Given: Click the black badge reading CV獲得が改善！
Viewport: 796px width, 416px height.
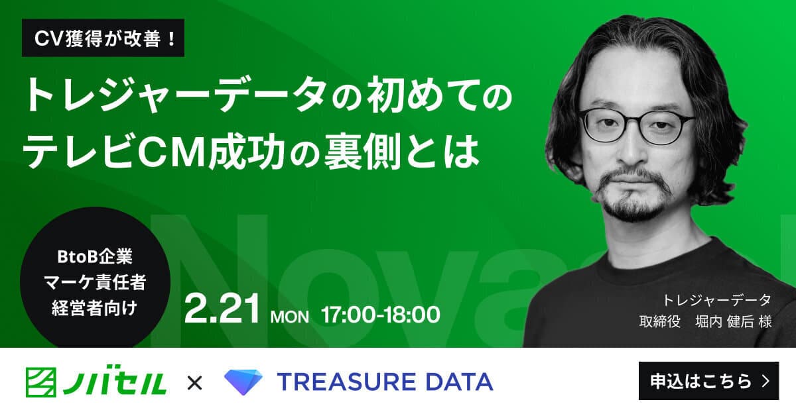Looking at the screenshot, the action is tap(103, 38).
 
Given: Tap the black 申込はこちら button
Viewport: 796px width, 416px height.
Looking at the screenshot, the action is tap(708, 381).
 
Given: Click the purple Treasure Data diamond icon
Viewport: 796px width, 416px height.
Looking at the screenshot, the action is tap(243, 382).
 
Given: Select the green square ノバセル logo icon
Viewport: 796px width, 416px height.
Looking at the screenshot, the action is tap(41, 382).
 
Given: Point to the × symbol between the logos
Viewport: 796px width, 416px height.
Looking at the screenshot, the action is tap(194, 383).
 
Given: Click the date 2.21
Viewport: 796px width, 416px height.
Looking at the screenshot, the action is tap(222, 308).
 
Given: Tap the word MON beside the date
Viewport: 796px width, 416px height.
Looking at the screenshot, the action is tap(290, 317).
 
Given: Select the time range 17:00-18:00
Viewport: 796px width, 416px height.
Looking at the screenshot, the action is tap(381, 315).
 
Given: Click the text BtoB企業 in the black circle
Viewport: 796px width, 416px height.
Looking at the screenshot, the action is tap(95, 256).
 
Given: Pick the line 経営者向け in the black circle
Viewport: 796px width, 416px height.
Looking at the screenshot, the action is tap(94, 308).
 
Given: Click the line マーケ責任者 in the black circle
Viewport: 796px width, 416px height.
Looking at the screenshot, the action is tap(95, 282).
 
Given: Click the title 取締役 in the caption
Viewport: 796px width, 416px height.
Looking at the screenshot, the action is tap(660, 321).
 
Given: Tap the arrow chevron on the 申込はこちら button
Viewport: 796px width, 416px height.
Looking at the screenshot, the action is tap(766, 381).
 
